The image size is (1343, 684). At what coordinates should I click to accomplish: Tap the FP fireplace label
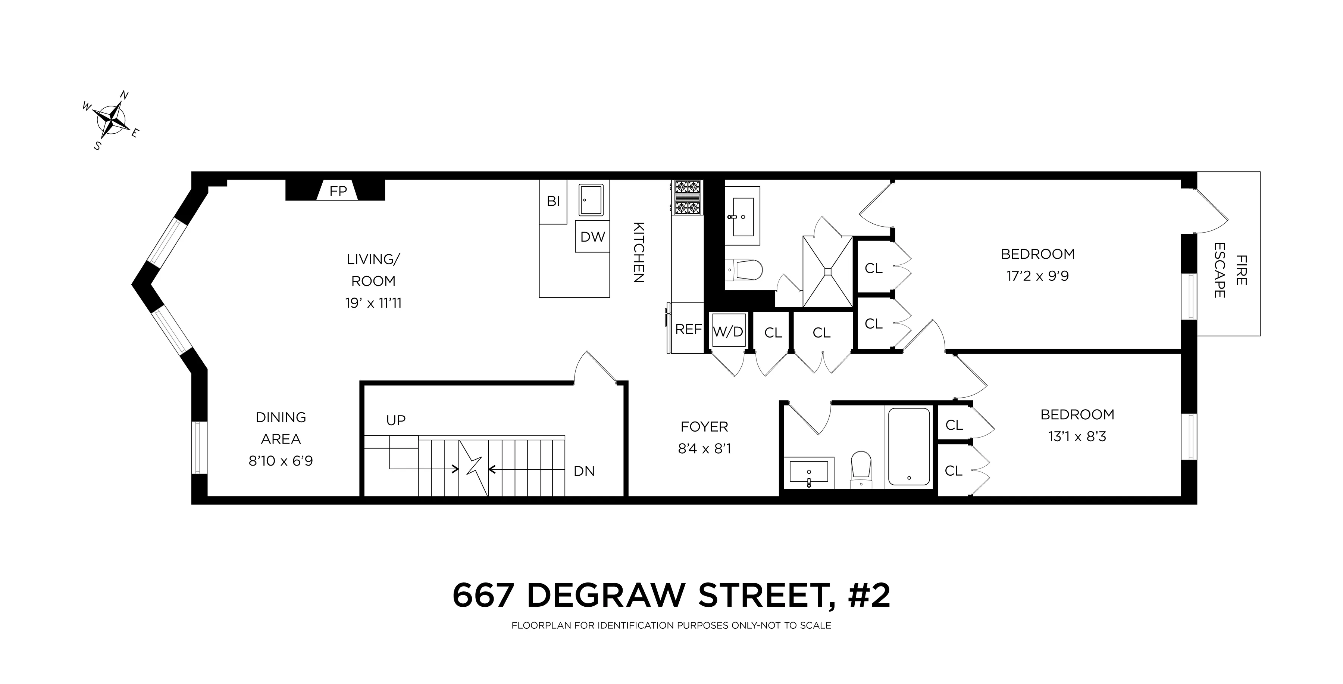[338, 192]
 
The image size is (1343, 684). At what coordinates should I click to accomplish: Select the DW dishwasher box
[592, 237]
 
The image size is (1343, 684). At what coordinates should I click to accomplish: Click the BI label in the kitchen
[553, 201]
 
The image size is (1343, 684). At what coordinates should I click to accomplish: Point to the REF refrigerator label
[688, 329]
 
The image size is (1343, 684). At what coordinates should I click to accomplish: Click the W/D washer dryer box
[728, 331]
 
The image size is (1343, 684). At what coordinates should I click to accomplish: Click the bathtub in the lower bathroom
[909, 447]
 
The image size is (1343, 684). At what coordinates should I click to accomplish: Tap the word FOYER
[704, 427]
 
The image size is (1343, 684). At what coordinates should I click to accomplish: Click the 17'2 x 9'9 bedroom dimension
[1037, 276]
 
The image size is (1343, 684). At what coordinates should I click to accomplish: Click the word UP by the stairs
[396, 420]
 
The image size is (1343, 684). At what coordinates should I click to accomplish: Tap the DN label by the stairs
[584, 471]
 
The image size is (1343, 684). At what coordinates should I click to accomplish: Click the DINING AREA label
[281, 428]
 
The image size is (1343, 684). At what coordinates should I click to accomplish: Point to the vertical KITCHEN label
[639, 252]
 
